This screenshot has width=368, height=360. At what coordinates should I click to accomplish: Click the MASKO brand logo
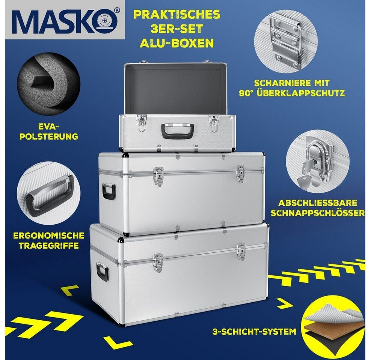pos(65,20)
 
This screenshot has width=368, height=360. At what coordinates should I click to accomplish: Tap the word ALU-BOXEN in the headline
pos(176,43)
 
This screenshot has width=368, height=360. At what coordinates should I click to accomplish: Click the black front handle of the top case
pos(178,131)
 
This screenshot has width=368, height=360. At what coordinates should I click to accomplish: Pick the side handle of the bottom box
pos(103,272)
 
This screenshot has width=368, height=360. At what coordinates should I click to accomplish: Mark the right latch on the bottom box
pos(241,251)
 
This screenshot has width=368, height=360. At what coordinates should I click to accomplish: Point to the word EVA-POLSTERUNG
pos(48,132)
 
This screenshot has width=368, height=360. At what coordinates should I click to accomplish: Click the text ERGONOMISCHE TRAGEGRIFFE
pos(49,240)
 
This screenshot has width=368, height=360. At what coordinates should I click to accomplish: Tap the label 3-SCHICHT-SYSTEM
pos(254,331)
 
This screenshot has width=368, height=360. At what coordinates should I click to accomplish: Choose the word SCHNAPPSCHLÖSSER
pos(317,213)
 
